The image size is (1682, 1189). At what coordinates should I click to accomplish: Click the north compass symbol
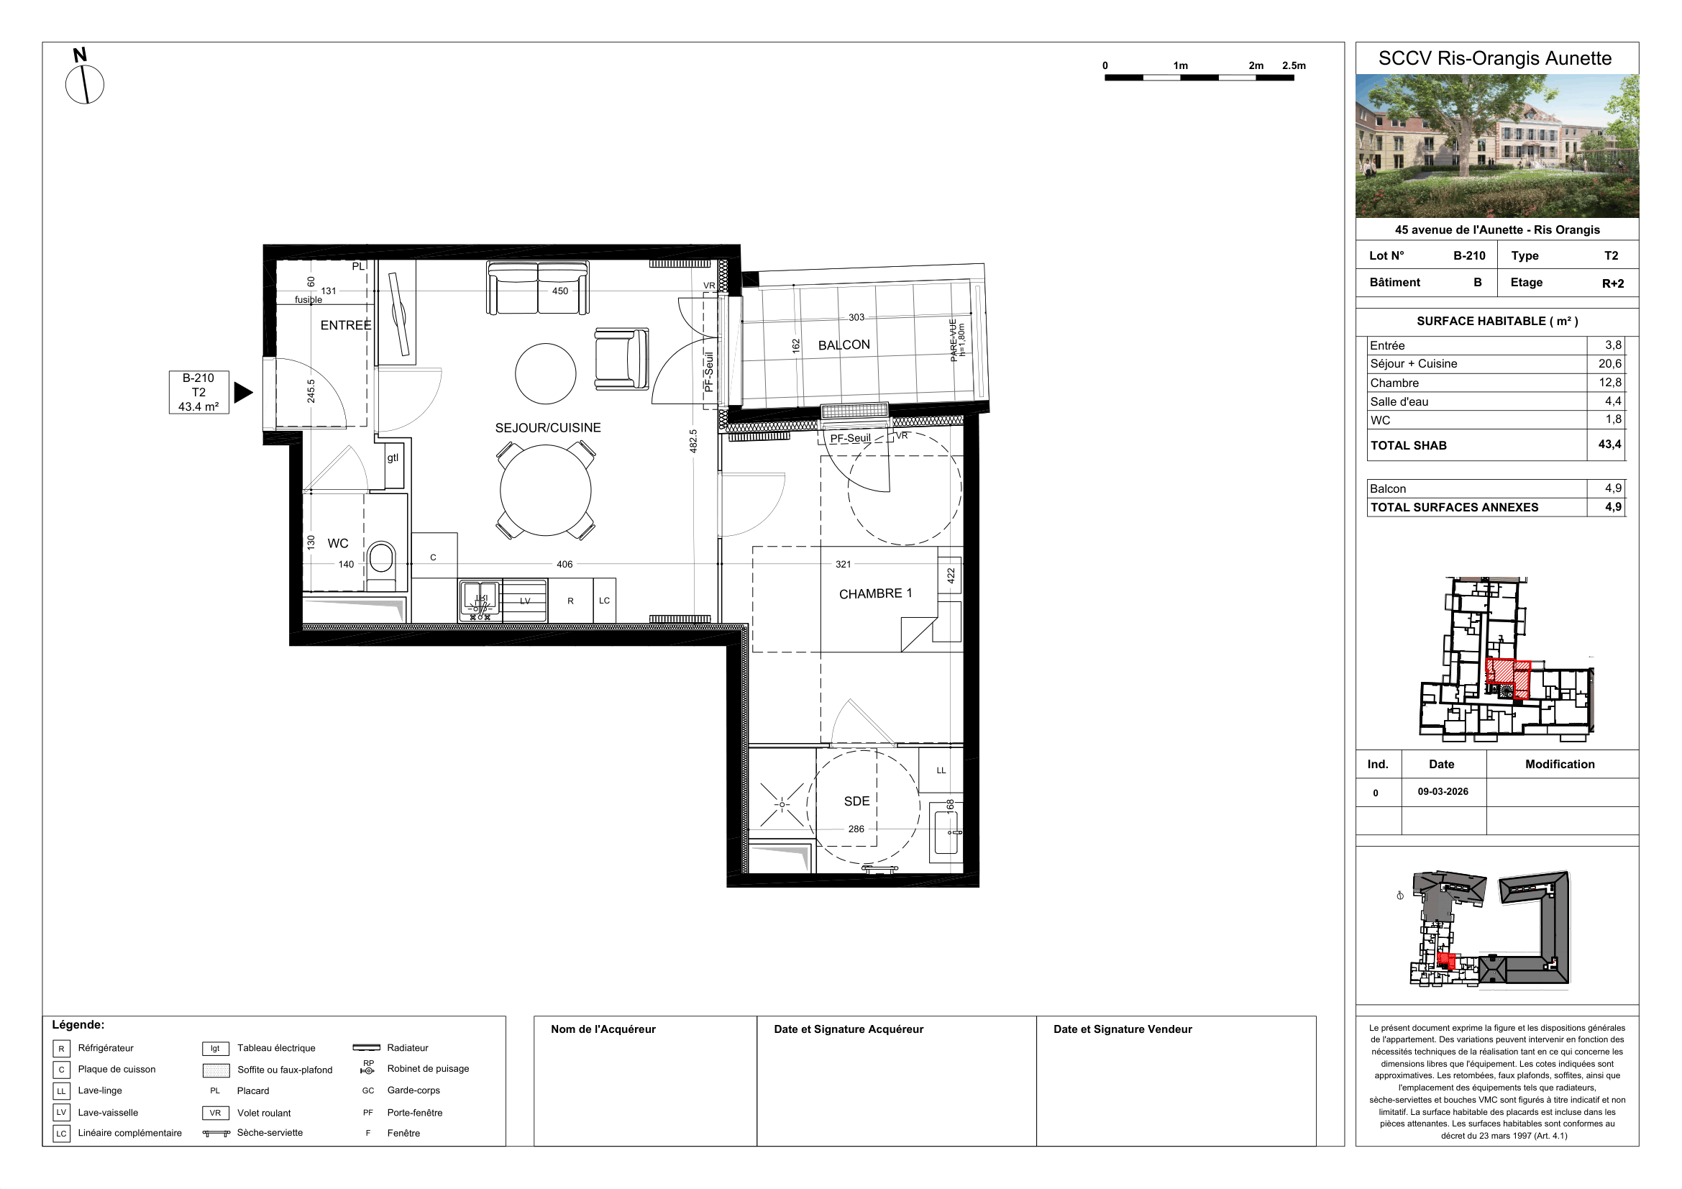pyautogui.click(x=84, y=77)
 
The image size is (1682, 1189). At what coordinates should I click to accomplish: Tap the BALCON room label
pyautogui.click(x=844, y=345)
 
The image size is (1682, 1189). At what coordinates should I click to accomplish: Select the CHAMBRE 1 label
pyautogui.click(x=875, y=593)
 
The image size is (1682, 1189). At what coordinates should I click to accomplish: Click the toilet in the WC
pyautogui.click(x=380, y=560)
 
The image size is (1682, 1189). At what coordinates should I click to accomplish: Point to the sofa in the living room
pyautogui.click(x=538, y=287)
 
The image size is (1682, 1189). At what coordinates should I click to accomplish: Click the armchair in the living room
pyautogui.click(x=621, y=358)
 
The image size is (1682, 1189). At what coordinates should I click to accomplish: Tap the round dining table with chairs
pyautogui.click(x=546, y=491)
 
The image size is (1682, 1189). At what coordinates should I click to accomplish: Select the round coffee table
pyautogui.click(x=545, y=373)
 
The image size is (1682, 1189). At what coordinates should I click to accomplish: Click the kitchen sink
pyautogui.click(x=480, y=600)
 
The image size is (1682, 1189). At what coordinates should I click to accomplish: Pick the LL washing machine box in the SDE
pyautogui.click(x=941, y=770)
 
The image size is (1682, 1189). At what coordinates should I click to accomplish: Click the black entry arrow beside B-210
pyautogui.click(x=243, y=393)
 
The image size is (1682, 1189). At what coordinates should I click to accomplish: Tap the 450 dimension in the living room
pyautogui.click(x=559, y=291)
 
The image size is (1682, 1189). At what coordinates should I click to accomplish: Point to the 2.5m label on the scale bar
pyautogui.click(x=1294, y=65)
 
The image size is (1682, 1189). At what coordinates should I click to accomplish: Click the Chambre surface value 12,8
pyautogui.click(x=1610, y=383)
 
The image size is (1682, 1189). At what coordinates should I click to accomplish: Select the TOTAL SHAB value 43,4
pyautogui.click(x=1609, y=445)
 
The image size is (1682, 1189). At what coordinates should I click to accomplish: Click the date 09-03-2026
pyautogui.click(x=1443, y=792)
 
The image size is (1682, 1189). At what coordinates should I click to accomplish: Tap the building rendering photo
pyautogui.click(x=1496, y=146)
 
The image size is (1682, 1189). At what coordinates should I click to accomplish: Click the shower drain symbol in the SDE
pyautogui.click(x=782, y=804)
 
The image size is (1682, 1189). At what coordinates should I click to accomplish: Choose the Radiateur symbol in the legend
pyautogui.click(x=366, y=1047)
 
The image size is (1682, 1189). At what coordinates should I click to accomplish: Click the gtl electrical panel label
pyautogui.click(x=393, y=458)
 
